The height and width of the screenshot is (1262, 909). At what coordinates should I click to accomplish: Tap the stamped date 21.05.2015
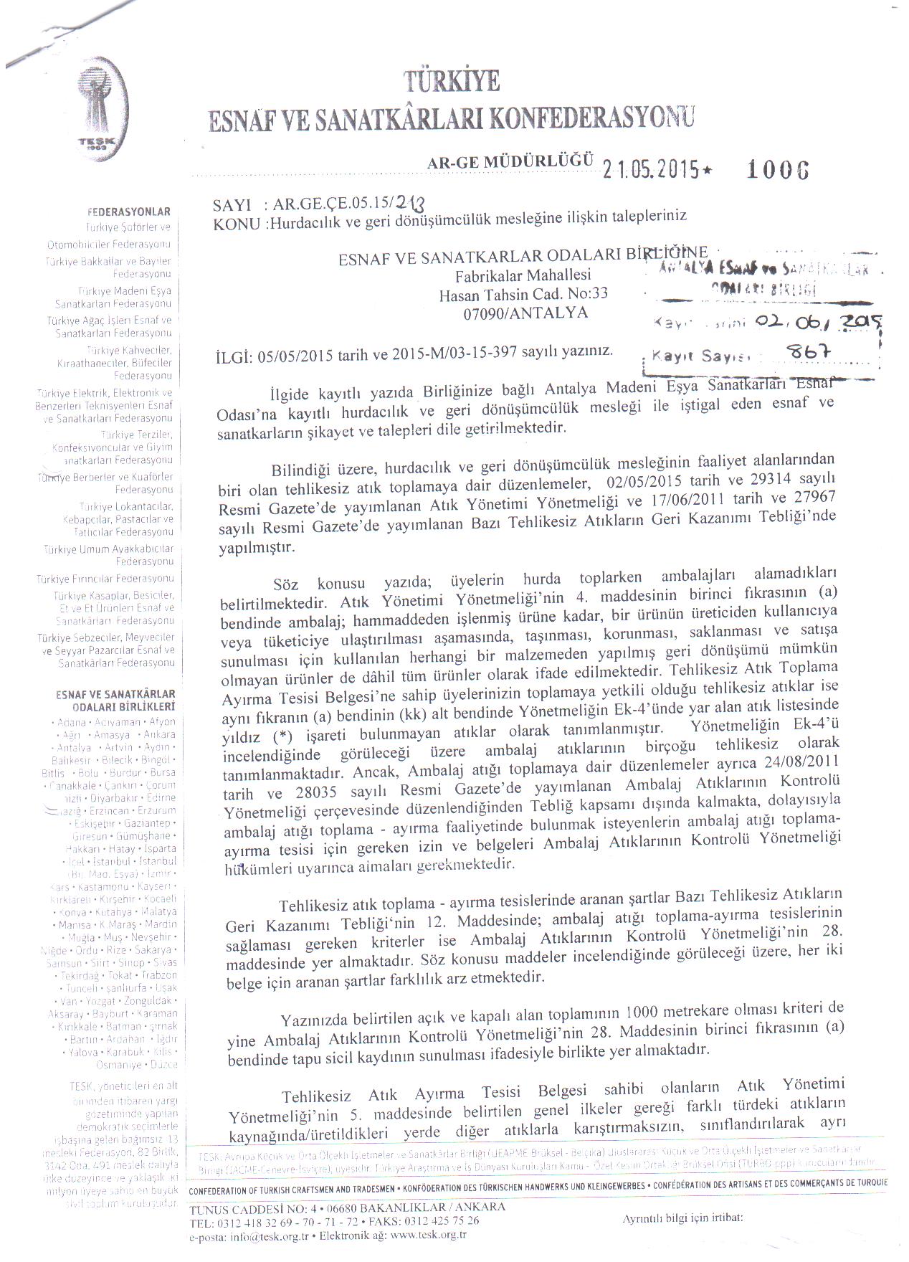(x=650, y=169)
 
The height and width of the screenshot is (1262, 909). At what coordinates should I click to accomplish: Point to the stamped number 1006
(x=778, y=169)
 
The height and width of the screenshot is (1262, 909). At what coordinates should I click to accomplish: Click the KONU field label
(x=237, y=224)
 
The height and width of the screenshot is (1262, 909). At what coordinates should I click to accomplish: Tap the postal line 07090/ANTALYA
(x=525, y=313)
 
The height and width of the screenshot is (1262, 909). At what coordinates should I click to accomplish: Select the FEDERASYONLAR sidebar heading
(x=129, y=212)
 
